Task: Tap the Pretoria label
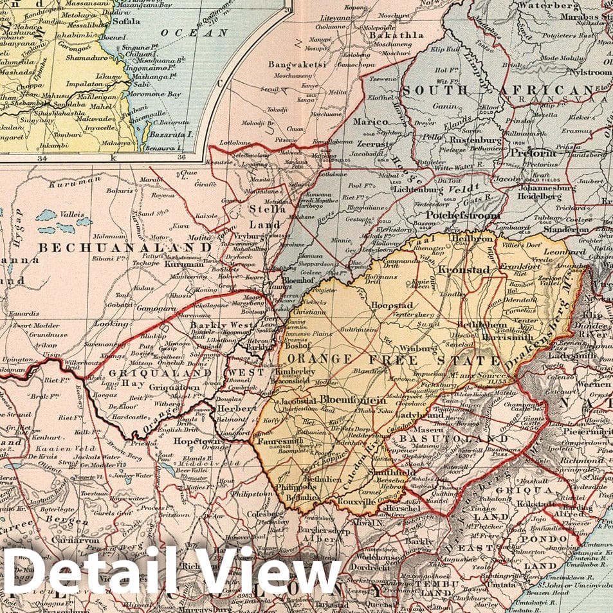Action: coord(533,153)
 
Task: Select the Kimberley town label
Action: coord(295,372)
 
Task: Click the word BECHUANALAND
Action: coord(125,246)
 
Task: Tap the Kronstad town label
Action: coord(464,270)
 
